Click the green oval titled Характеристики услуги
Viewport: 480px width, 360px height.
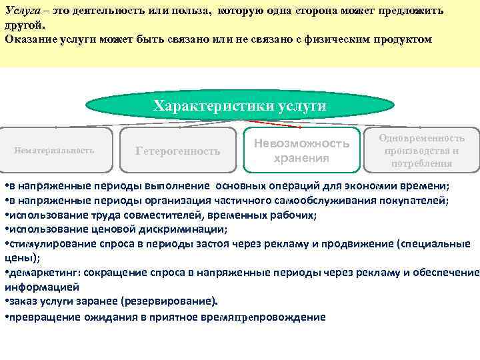(239, 105)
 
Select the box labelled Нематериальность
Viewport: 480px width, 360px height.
(54, 150)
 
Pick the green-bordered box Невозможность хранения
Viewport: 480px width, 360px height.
(301, 151)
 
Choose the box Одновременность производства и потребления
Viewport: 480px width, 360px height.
(421, 150)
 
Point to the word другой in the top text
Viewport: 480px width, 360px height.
(23, 26)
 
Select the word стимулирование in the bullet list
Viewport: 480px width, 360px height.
(43, 243)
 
